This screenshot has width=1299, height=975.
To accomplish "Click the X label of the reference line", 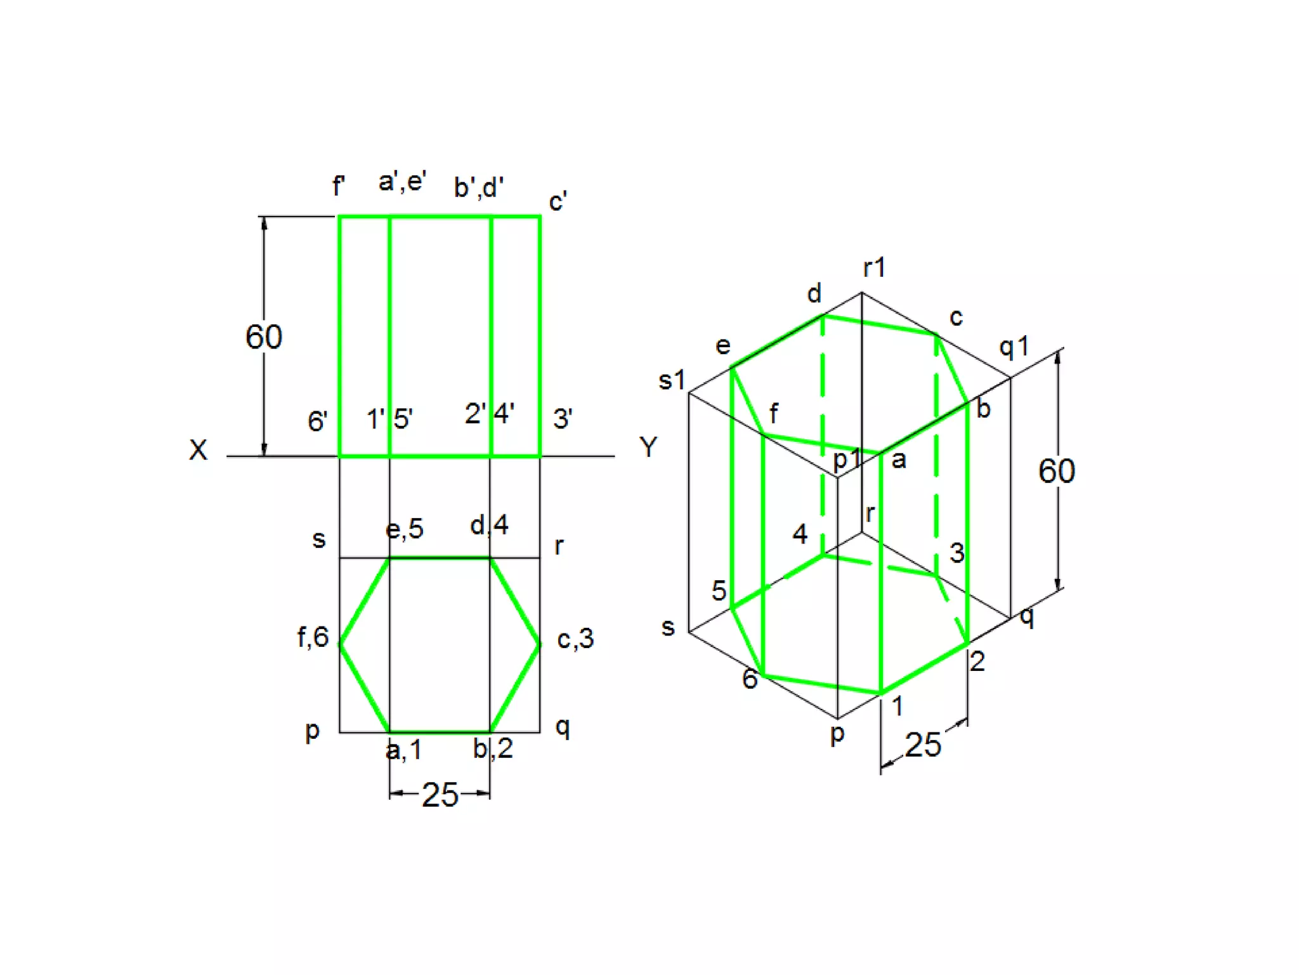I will point(198,450).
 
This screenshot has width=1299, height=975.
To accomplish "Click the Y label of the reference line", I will point(648,448).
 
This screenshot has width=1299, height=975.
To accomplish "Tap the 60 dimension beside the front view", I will point(264,337).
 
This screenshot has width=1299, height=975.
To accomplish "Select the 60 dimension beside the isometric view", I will point(1056,472).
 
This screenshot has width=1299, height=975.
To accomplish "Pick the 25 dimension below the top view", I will point(440,795).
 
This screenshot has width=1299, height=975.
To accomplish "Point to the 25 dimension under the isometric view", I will point(923,745).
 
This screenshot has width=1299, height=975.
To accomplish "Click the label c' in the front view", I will point(558,202).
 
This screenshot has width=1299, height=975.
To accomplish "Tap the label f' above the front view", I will point(339,187).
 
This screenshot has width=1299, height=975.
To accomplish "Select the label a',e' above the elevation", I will point(402,182).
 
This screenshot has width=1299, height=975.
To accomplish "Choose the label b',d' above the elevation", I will point(479,188).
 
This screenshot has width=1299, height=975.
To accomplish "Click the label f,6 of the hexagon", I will point(313,637).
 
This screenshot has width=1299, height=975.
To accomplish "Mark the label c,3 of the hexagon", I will point(575,639).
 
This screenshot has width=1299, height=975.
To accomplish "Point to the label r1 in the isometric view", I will point(874,268).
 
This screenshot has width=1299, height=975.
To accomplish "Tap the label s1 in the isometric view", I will point(672,381).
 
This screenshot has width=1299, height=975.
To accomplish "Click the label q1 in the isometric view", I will point(1014,347).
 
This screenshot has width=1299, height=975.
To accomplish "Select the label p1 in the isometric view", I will point(847,459).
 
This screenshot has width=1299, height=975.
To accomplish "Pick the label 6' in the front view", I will point(317,421).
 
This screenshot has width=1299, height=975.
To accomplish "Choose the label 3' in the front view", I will point(563,419).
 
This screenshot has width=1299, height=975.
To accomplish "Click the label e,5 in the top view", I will point(405,529).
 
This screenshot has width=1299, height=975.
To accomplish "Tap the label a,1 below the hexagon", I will point(403,751).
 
